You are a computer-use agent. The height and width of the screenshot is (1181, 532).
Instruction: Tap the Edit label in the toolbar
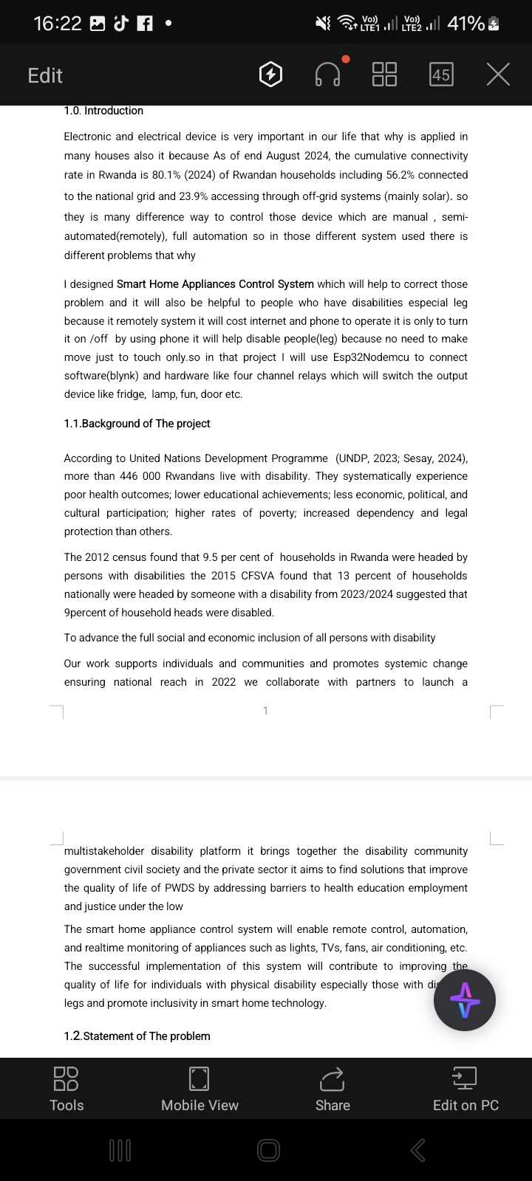click(x=45, y=75)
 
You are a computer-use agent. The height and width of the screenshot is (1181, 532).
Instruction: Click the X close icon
click(x=498, y=75)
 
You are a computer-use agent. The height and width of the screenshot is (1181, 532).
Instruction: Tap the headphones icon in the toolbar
click(x=327, y=75)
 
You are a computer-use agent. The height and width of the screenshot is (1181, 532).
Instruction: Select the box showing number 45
click(x=441, y=75)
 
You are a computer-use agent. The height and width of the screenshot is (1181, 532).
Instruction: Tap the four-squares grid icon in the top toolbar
click(x=384, y=75)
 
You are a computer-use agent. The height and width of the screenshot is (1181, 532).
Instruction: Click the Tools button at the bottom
click(x=66, y=1088)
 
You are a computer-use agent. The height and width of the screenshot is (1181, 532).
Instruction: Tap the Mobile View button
click(x=199, y=1088)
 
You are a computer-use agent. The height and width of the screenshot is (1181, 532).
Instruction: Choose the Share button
click(x=332, y=1088)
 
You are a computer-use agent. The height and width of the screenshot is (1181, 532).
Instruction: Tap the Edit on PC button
click(x=465, y=1088)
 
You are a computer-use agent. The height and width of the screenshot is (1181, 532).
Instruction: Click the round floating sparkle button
click(x=464, y=1000)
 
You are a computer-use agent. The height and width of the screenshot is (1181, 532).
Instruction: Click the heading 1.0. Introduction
click(x=103, y=111)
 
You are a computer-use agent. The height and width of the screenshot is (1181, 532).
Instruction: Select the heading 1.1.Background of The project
click(x=137, y=424)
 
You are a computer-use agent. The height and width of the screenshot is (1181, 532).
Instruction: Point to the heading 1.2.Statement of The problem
click(x=137, y=1036)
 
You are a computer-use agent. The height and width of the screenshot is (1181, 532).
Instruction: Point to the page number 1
click(x=265, y=711)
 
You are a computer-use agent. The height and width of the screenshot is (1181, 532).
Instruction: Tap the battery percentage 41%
click(x=465, y=24)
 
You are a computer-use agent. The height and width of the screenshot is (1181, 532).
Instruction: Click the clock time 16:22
click(x=58, y=24)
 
